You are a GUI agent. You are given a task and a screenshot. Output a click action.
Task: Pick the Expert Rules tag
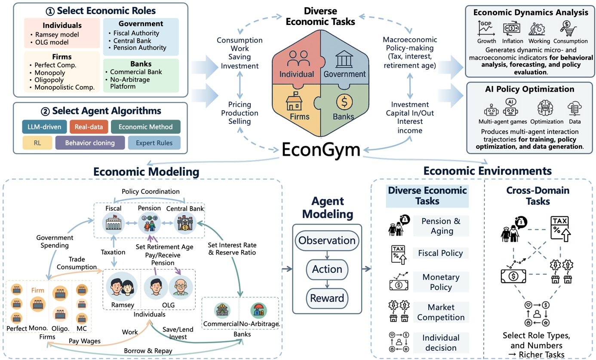tap(154, 143)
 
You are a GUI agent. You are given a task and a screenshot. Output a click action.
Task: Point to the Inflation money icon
tap(512, 28)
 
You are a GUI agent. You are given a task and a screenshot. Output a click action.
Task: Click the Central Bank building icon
tap(185, 224)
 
